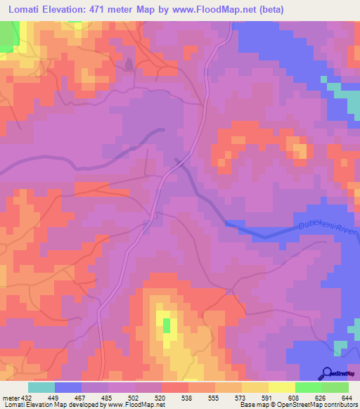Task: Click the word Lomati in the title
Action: [x=26, y=11]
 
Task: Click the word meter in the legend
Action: [x=11, y=398]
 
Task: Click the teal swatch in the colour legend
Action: [x=41, y=387]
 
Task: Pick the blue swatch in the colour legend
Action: [x=68, y=387]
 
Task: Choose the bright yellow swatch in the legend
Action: [x=281, y=387]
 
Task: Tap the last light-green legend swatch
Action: [x=335, y=387]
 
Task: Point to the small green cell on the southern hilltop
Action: [x=167, y=325]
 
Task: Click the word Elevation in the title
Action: [x=72, y=11]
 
